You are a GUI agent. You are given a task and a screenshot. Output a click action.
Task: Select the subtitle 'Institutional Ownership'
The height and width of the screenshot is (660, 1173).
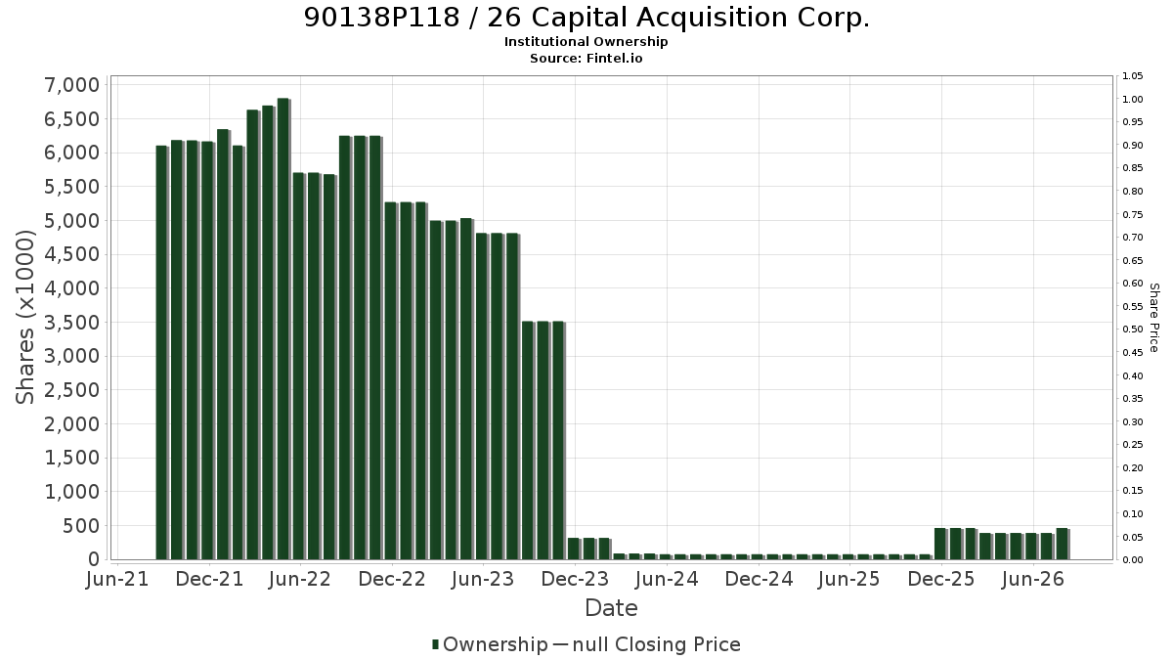(586, 42)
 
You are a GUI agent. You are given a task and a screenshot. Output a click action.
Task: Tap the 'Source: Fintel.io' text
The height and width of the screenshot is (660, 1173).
(586, 58)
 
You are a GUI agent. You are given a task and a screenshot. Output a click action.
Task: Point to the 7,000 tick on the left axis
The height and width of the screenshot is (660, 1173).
(71, 85)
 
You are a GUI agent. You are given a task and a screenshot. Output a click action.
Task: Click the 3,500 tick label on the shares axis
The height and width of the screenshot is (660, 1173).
(71, 322)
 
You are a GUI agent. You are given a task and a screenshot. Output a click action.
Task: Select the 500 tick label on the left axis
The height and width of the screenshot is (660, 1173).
(80, 525)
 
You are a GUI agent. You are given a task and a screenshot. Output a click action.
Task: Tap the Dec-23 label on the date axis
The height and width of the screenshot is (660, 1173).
(575, 579)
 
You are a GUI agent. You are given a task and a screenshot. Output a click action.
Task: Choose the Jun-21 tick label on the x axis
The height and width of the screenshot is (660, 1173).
(117, 579)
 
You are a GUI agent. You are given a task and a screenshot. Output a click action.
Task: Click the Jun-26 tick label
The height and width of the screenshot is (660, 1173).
(1032, 579)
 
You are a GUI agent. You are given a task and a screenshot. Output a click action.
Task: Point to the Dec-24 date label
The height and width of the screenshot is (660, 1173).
(759, 579)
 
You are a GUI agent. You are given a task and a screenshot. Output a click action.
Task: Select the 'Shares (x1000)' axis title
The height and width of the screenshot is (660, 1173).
(24, 318)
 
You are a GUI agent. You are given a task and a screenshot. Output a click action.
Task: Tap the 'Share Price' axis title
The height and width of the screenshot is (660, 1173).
(1154, 318)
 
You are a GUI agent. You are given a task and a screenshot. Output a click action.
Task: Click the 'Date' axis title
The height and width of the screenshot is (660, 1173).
(611, 608)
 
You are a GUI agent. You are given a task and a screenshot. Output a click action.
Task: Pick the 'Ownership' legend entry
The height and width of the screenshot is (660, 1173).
(490, 644)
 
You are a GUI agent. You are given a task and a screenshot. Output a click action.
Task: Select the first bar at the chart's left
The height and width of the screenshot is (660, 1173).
(162, 353)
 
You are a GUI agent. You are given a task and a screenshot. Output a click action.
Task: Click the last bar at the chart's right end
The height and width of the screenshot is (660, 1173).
(1063, 544)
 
